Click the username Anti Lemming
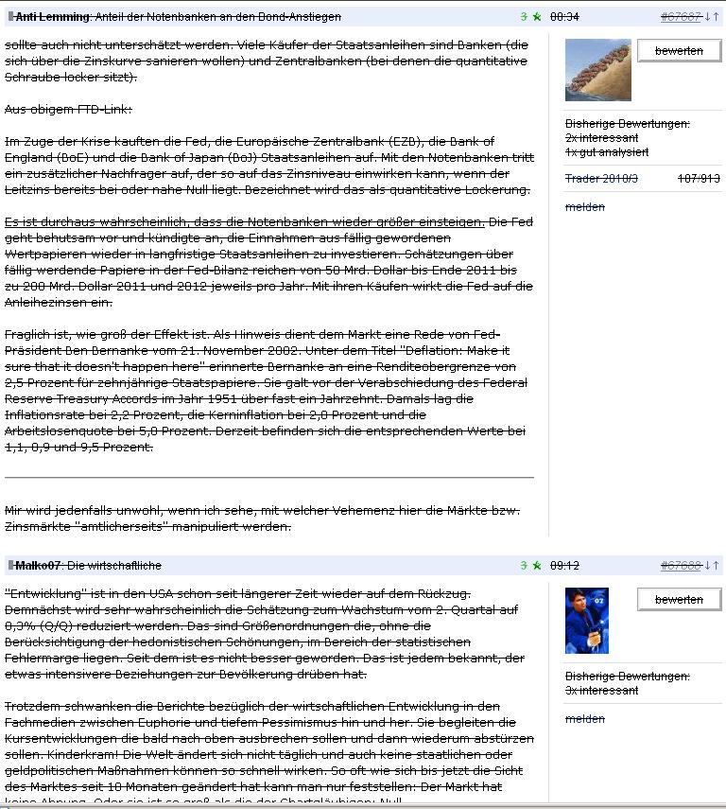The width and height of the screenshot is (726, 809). pos(53,17)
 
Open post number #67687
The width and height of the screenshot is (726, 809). pos(680,17)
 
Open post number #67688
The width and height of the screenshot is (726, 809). pos(680,566)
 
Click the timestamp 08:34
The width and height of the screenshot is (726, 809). pos(564,17)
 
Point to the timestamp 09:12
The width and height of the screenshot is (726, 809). pos(564,566)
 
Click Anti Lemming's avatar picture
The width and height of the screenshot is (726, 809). pos(596,70)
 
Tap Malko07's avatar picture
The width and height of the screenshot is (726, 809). pos(586,620)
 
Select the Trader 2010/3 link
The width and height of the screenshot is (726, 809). pos(602,179)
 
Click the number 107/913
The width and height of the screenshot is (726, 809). pos(699,179)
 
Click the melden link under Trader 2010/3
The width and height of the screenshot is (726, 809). pos(584,207)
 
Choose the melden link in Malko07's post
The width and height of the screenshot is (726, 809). pos(584,719)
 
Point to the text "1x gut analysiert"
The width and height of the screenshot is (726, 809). pos(607,151)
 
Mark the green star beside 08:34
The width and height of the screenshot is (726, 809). pos(536,17)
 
